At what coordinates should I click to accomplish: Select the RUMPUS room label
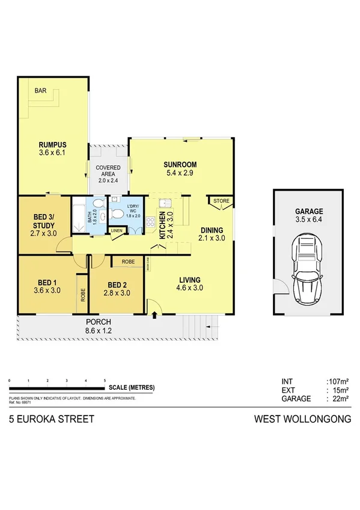pyautogui.click(x=52, y=145)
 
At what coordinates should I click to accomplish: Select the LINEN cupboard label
pyautogui.click(x=116, y=230)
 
